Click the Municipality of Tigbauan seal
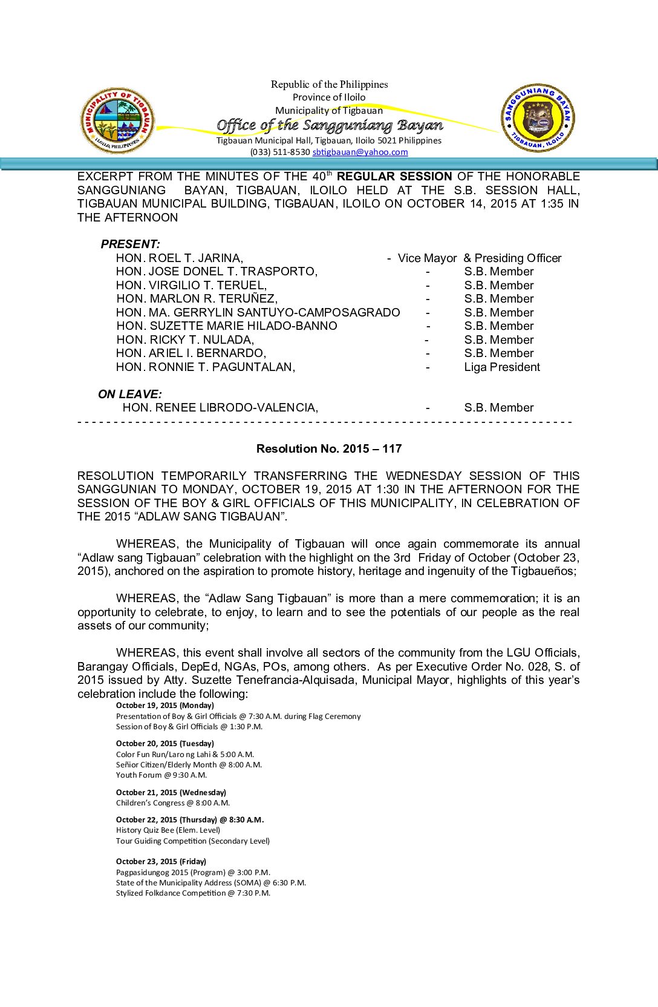coord(117,120)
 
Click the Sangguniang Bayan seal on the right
coord(538,118)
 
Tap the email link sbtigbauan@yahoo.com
coord(360,152)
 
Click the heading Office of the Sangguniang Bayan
coord(330,125)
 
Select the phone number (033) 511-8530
coord(280,152)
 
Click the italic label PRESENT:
coord(130,244)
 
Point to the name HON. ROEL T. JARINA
coord(180,258)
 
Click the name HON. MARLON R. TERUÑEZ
coord(197,299)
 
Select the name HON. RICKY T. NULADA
coord(185,340)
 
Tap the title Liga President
coord(502,367)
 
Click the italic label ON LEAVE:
coord(130,395)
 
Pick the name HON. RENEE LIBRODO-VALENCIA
coord(220,408)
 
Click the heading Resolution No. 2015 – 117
coord(329,449)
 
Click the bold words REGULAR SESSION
coord(394,177)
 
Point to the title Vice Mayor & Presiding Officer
coord(480,258)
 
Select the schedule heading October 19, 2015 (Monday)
coord(165,706)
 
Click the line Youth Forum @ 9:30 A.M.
coord(161,775)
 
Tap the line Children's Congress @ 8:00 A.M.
coord(173,803)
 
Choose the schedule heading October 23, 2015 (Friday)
coord(161,862)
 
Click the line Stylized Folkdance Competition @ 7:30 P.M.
coord(193,893)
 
